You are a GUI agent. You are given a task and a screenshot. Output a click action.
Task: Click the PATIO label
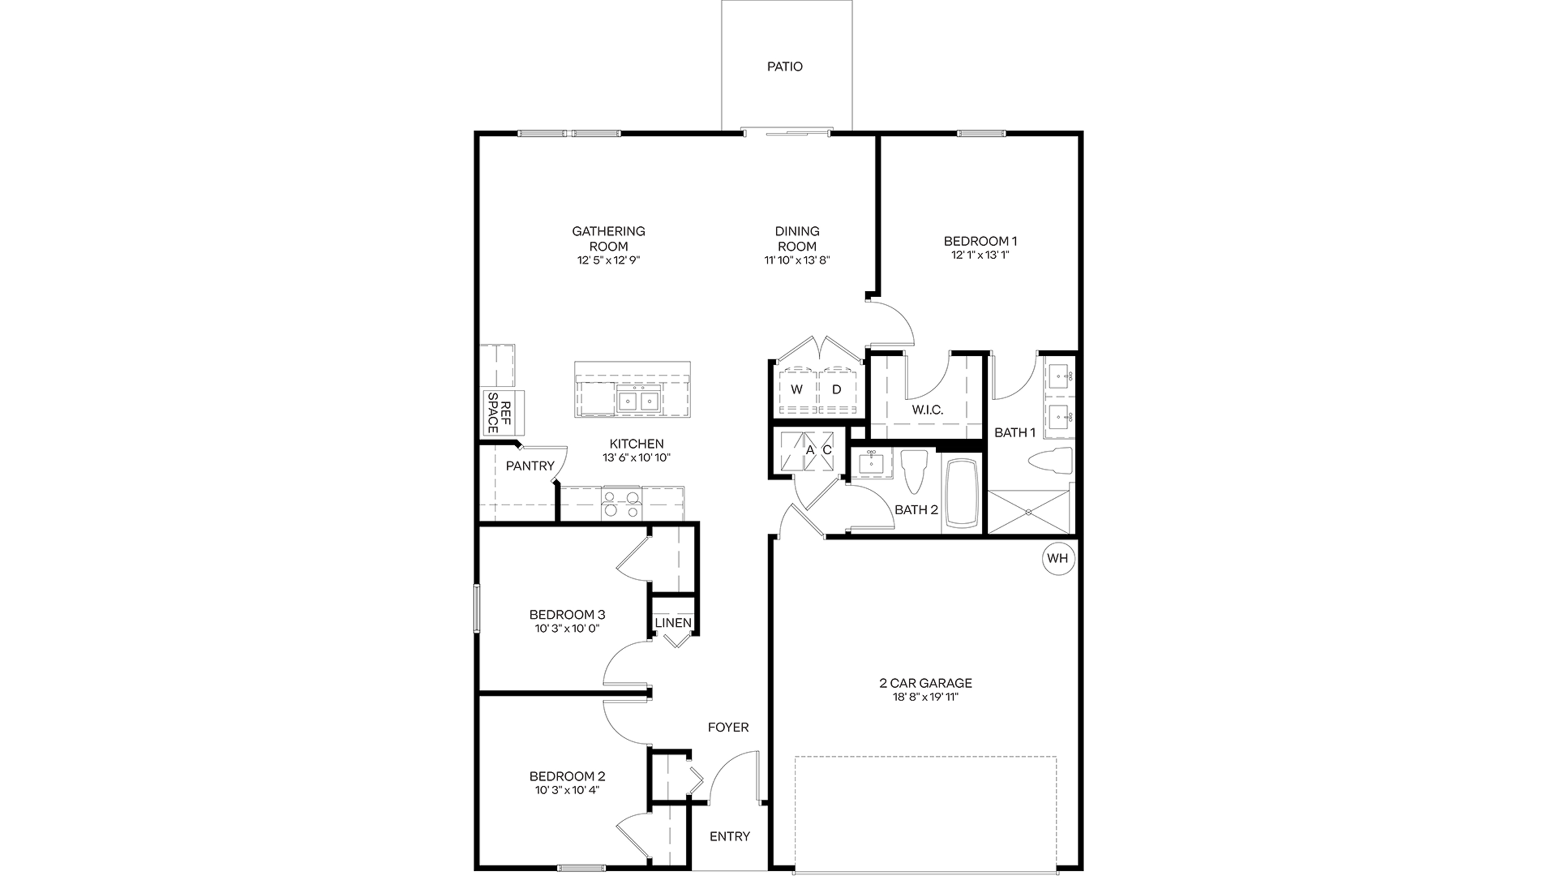(x=785, y=67)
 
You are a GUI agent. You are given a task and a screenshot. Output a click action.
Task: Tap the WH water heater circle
(x=1058, y=558)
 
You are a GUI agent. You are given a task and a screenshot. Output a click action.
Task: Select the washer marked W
(x=797, y=390)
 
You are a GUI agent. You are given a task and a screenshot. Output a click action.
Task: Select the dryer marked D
(x=837, y=390)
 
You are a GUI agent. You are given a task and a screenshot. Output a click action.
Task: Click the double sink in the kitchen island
(x=639, y=401)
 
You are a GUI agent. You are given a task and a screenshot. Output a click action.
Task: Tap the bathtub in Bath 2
(x=962, y=493)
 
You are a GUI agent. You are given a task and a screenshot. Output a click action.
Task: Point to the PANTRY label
(x=530, y=466)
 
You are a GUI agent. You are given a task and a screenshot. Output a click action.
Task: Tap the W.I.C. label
(x=927, y=410)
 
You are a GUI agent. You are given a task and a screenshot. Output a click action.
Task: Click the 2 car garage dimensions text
(x=925, y=697)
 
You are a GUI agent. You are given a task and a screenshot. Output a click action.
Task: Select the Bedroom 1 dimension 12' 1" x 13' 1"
(x=980, y=255)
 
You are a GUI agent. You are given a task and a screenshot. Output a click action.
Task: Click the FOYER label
(x=728, y=727)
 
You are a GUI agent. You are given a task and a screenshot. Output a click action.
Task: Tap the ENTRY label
(x=729, y=837)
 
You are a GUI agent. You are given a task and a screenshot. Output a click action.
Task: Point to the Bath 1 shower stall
(x=1028, y=512)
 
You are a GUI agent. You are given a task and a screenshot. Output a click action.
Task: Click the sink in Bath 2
(x=871, y=463)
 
